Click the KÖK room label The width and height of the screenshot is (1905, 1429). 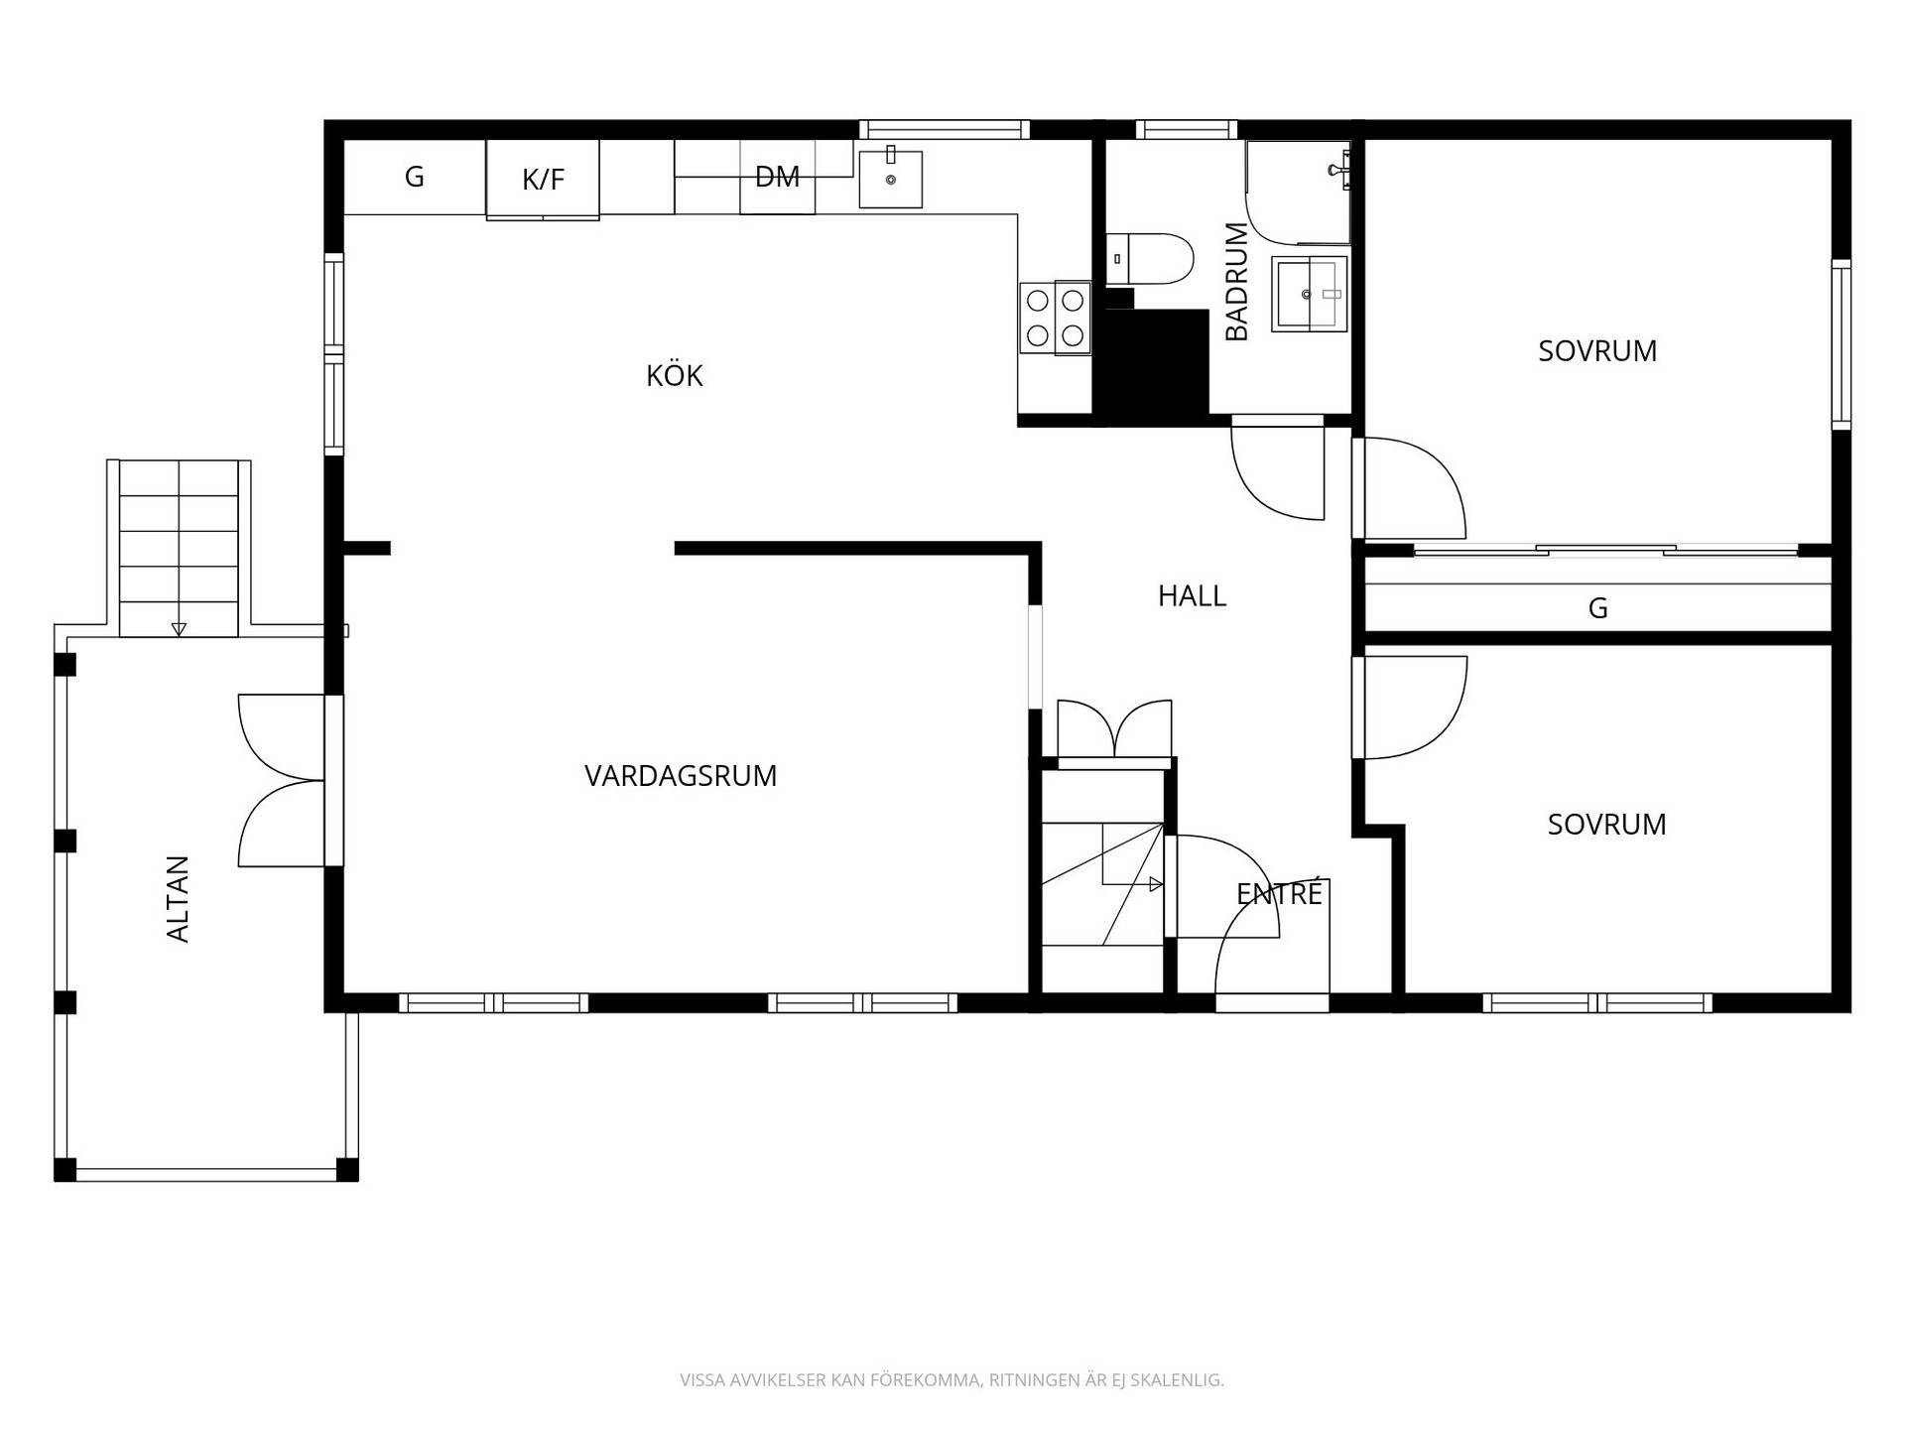pos(675,375)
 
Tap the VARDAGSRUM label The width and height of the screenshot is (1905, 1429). pos(681,775)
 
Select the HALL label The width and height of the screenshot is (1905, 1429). pos(1192,595)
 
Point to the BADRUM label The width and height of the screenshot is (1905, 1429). pos(1236,282)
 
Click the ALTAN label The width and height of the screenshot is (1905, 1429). pos(178,898)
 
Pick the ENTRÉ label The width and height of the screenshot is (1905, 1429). pos(1280,893)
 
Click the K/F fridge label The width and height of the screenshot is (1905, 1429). pos(543,180)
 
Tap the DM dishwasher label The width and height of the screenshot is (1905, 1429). pos(777,177)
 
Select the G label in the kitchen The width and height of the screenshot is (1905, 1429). pos(415,177)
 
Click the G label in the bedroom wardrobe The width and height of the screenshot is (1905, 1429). pos(1597,608)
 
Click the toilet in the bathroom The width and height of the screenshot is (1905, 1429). pos(1149,259)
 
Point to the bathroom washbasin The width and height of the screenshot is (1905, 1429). pos(1310,294)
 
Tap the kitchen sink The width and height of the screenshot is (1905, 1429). pos(890,179)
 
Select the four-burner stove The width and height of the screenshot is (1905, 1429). pos(1055,318)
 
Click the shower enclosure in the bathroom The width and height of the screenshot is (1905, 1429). pos(1298,193)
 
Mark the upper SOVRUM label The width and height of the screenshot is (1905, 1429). pos(1597,350)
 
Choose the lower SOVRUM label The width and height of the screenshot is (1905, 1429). pos(1606,824)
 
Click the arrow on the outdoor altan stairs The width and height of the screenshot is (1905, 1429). pos(179,629)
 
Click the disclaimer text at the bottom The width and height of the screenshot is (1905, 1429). pos(952,1379)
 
